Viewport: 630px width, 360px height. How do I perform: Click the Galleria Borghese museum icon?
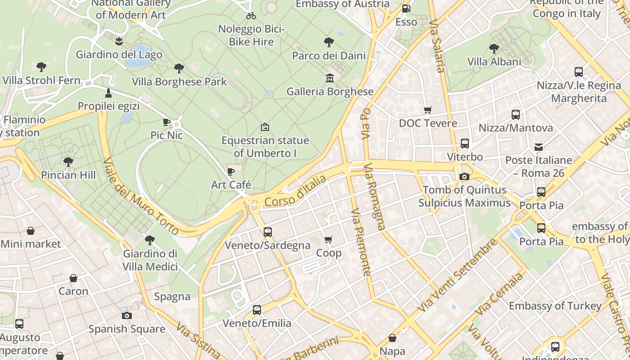[x=329, y=79]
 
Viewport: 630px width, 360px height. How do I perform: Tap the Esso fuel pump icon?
[x=406, y=8]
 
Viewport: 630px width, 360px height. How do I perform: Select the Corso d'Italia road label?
[x=295, y=191]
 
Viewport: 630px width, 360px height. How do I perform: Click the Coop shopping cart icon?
[x=328, y=240]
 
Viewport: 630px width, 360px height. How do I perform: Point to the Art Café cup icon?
[x=231, y=171]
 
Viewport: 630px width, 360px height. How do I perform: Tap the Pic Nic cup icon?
[x=166, y=122]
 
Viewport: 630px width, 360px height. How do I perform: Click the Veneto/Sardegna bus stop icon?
[x=268, y=232]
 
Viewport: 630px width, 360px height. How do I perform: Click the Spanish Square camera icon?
[x=127, y=315]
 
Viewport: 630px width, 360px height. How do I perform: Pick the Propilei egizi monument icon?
[x=108, y=93]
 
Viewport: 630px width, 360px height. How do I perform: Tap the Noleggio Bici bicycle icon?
[x=251, y=16]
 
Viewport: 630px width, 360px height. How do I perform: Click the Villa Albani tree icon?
[x=494, y=49]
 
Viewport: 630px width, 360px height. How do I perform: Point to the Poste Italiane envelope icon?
[x=538, y=147]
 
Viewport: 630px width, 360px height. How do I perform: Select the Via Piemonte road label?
[x=361, y=242]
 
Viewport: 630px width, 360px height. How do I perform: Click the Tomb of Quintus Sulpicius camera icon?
[x=464, y=177]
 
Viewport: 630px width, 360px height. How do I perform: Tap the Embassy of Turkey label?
[x=555, y=306]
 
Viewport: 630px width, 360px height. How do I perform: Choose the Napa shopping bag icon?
[x=392, y=338]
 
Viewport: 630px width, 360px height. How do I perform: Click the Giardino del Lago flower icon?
[x=119, y=41]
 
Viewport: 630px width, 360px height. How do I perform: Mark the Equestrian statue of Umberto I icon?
[x=265, y=127]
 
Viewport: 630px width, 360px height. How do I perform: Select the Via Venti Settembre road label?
[x=457, y=275]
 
